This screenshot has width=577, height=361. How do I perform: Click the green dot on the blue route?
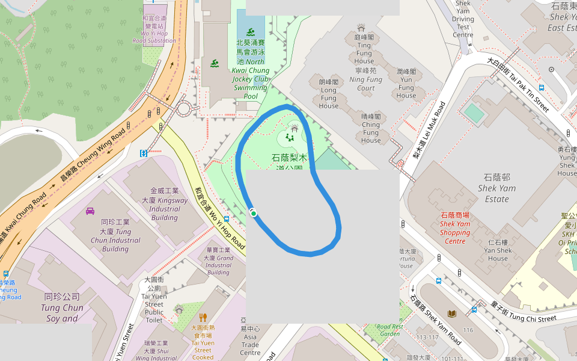click(254, 213)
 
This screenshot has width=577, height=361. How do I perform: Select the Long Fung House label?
click(329, 94)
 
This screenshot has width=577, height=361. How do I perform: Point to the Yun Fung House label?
click(406, 83)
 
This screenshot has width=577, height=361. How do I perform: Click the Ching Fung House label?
click(371, 128)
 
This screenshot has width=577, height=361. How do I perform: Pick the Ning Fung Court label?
click(365, 79)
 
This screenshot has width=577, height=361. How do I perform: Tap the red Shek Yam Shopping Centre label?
click(455, 228)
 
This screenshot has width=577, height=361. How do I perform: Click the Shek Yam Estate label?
click(496, 188)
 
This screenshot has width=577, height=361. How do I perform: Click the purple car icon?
click(90, 211)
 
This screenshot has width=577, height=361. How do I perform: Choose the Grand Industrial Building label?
click(219, 261)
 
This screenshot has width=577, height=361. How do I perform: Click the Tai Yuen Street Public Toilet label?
click(154, 300)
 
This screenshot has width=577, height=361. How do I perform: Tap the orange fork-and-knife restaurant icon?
click(203, 317)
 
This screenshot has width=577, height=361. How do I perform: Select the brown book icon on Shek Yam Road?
click(451, 313)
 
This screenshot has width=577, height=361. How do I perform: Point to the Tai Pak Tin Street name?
click(517, 84)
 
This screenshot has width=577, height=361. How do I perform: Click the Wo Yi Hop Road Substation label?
click(154, 29)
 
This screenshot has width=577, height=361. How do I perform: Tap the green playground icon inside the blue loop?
click(290, 137)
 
